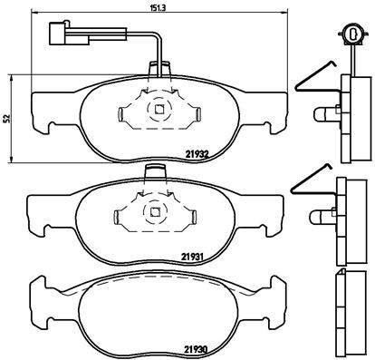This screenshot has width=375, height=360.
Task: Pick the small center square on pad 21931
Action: pos(155,214)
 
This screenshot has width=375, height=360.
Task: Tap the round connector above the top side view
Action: pos(350,34)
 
